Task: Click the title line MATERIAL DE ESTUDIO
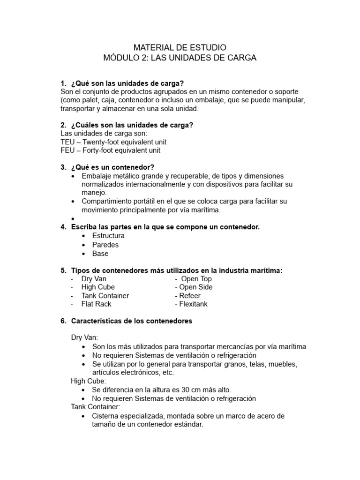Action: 180,47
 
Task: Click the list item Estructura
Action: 108,236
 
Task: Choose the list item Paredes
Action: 105,245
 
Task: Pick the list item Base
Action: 100,254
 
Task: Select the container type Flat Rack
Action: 96,304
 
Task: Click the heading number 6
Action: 63,321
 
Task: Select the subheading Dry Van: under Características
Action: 84,337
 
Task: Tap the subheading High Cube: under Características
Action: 89,381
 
